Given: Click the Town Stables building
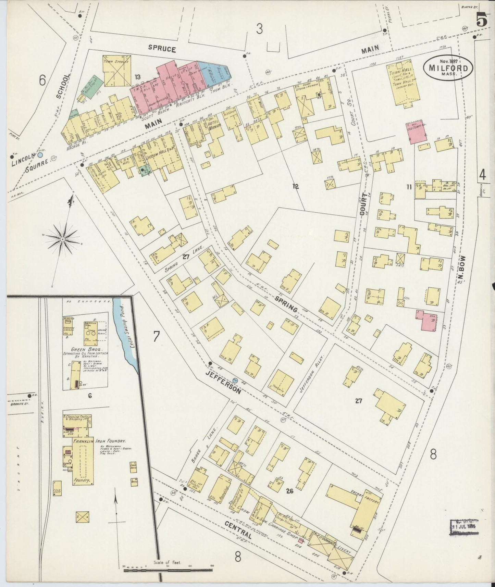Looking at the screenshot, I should pos(116,71).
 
